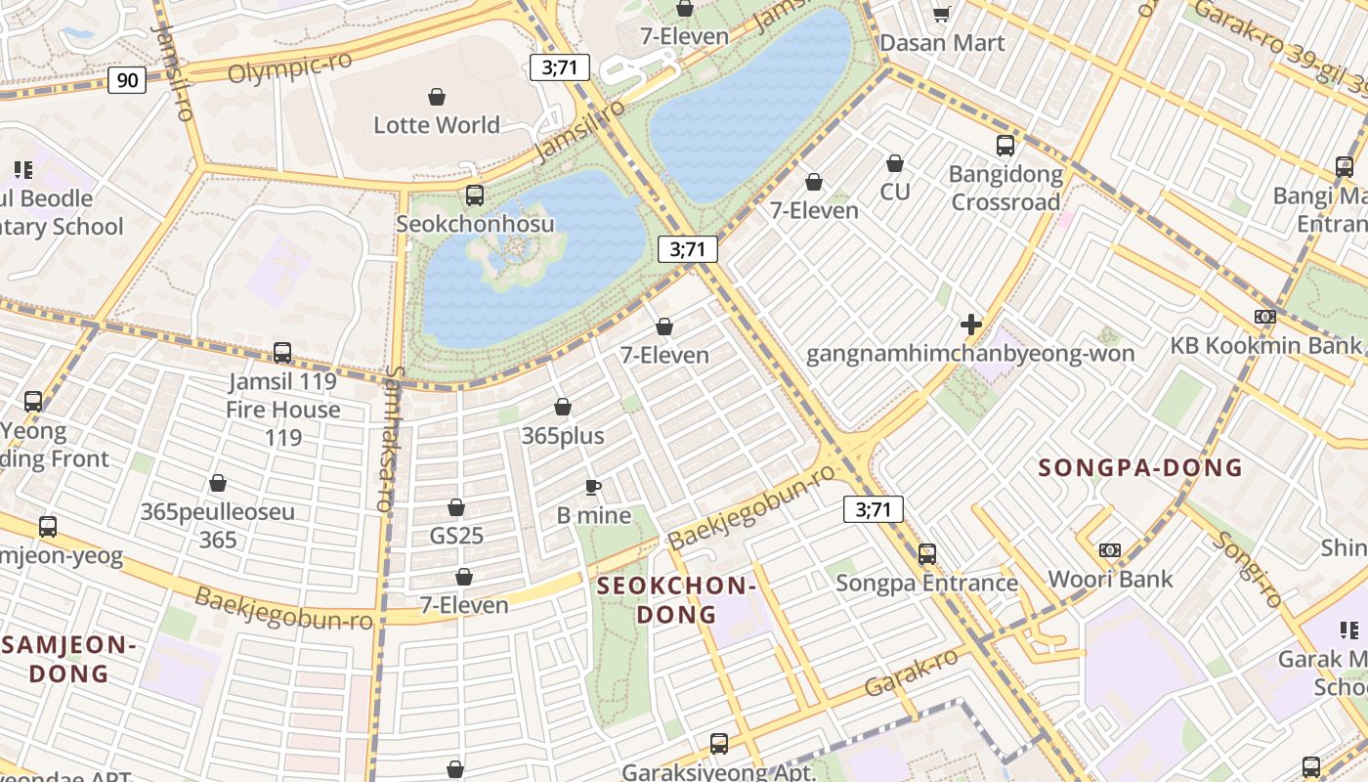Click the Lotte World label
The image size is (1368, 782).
point(436,125)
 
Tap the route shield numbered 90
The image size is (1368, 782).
point(127,80)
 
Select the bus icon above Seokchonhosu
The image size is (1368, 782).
point(475,195)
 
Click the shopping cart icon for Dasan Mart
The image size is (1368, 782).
point(941,14)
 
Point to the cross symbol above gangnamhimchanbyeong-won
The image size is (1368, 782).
point(970,325)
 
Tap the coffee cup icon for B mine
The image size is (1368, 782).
point(592,487)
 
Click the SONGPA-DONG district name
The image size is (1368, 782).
point(1139,468)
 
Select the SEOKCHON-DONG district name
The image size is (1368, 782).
point(676,600)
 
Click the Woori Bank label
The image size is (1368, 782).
point(1110,579)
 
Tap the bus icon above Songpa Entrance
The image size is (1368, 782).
point(926,554)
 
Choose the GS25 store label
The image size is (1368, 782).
point(456,536)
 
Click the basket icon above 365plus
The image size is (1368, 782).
point(563,407)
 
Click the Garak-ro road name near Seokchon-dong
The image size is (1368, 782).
point(911,673)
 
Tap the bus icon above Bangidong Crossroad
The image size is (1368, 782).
point(1005,146)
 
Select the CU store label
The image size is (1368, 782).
point(894,192)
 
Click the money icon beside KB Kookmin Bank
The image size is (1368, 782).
point(1264,317)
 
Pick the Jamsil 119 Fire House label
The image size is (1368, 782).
point(282,395)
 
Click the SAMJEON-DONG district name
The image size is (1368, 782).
point(68,659)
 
